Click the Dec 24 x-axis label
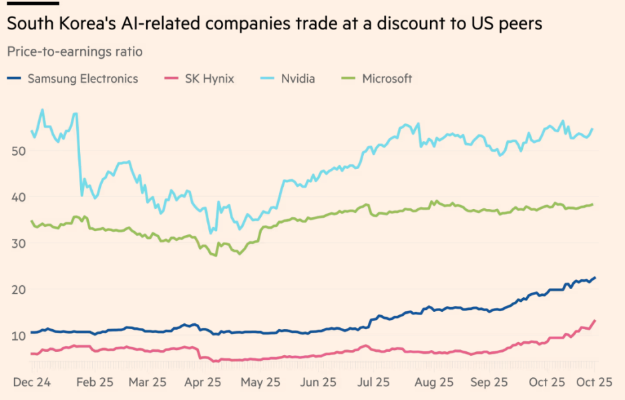point(33,382)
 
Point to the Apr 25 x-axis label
point(202,382)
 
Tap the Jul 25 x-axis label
point(373,382)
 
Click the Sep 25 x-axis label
point(489,382)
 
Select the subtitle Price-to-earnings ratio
point(74,51)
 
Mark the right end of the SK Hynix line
point(594,321)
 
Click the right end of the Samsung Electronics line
point(594,278)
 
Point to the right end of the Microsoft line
point(592,204)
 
